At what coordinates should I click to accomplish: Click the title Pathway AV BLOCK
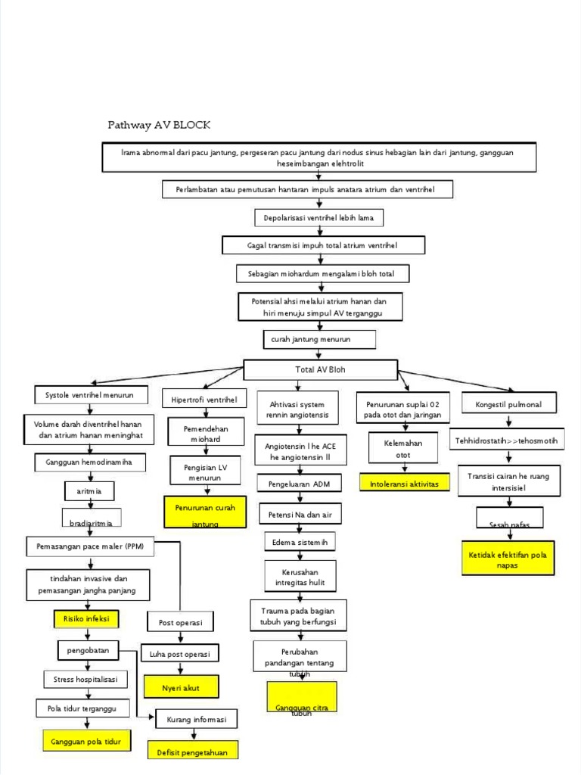[159, 125]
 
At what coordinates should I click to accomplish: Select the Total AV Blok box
[320, 370]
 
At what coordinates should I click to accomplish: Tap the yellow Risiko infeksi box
[87, 618]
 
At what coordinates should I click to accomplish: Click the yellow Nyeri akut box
[182, 686]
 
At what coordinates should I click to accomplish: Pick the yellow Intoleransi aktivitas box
[404, 484]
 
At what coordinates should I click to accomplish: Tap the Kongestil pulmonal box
[508, 404]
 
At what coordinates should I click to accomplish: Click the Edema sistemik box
[299, 543]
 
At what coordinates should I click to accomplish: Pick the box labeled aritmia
[89, 491]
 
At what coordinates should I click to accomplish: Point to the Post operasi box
[180, 623]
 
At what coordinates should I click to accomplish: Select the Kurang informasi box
[196, 720]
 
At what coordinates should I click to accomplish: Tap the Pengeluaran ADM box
[300, 482]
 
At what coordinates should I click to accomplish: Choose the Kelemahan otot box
[403, 448]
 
